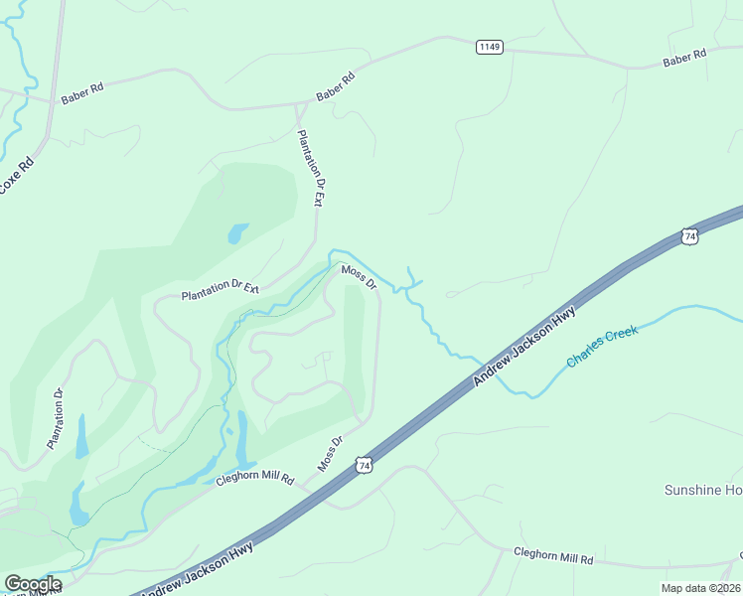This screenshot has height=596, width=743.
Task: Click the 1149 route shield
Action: click(x=489, y=47)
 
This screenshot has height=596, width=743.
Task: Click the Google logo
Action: click(x=32, y=583)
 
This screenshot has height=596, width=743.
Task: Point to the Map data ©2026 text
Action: click(x=700, y=588)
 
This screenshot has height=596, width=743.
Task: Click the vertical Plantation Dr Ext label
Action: click(x=311, y=166)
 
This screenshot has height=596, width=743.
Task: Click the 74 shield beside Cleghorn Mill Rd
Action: click(x=365, y=465)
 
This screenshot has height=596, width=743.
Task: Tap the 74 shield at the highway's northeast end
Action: click(x=689, y=235)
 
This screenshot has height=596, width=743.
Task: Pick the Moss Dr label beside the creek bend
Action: click(x=360, y=276)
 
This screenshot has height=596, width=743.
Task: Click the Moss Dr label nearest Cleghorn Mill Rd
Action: click(x=330, y=453)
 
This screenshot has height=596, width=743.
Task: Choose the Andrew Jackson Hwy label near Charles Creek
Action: click(x=524, y=346)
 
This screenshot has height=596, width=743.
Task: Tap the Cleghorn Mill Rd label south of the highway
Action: click(x=552, y=556)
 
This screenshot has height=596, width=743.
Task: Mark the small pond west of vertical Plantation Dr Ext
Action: click(x=238, y=233)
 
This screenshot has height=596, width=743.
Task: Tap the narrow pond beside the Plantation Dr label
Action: click(x=80, y=434)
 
